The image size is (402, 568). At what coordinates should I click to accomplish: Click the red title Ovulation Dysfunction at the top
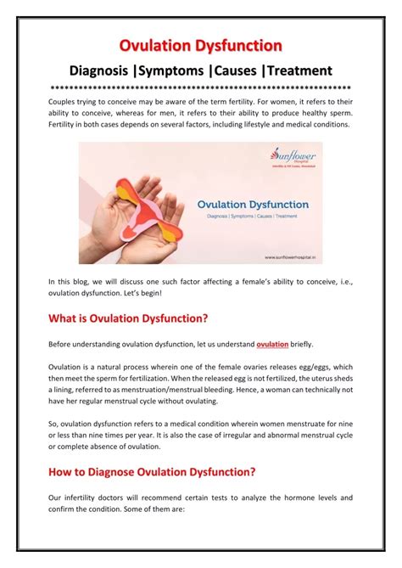point(200,44)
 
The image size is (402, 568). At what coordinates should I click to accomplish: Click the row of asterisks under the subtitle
point(200,88)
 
